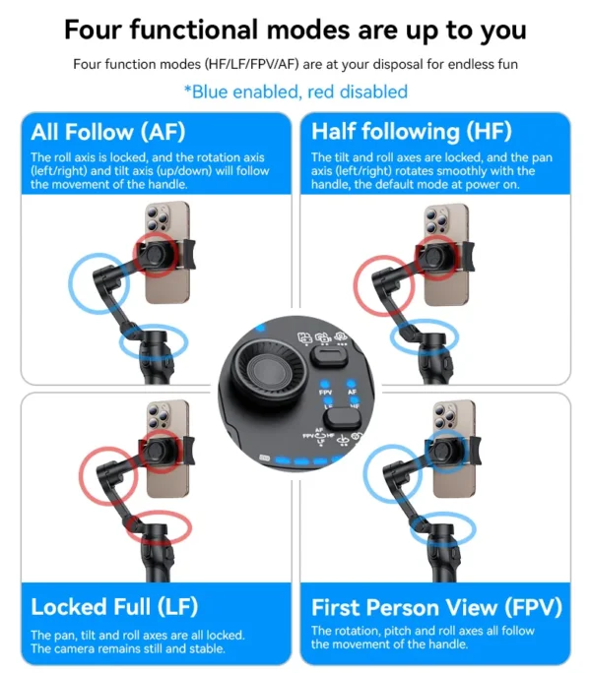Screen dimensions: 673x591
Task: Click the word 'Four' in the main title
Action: click(x=98, y=29)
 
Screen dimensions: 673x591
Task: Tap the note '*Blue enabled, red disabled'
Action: click(x=295, y=92)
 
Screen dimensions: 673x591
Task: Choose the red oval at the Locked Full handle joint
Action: click(x=148, y=527)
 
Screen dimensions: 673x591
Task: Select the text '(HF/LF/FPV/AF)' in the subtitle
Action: click(x=247, y=64)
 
